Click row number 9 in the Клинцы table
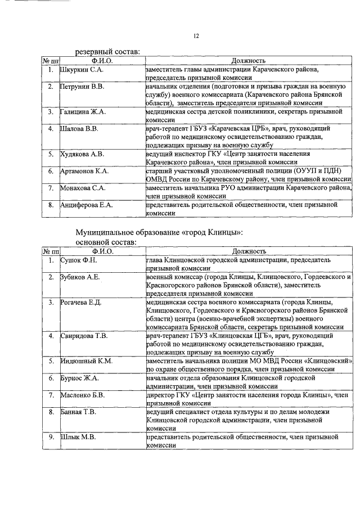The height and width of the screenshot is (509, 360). point(51,436)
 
